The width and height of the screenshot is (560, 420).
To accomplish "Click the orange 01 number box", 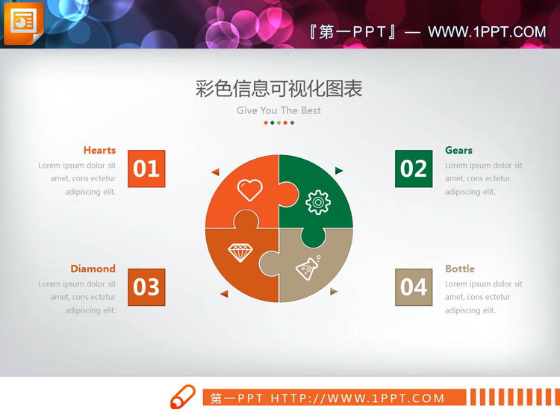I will [x=146, y=169].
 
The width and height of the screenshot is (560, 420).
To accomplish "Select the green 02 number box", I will [x=414, y=169].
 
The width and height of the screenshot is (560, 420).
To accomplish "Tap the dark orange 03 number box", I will [x=146, y=287].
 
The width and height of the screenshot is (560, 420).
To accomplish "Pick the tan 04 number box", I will [x=414, y=287].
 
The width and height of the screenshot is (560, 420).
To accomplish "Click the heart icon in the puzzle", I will [x=250, y=190].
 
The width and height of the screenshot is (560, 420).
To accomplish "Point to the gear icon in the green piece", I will [x=318, y=201].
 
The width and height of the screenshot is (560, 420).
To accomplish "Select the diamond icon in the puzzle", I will [x=240, y=252].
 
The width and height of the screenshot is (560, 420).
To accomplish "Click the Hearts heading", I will [x=99, y=150].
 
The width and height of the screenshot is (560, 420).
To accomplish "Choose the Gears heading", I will [x=458, y=150].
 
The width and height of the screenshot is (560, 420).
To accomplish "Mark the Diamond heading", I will [x=93, y=269].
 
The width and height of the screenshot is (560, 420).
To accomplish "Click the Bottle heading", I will [x=460, y=269].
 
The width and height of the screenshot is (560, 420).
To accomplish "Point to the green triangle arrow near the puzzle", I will [x=339, y=171].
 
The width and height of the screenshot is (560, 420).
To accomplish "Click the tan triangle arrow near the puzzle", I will [x=334, y=292].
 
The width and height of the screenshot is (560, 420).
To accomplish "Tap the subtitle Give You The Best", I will [x=279, y=110].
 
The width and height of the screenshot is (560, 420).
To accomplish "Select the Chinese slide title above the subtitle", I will [x=279, y=89].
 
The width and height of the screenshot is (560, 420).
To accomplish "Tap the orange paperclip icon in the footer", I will [x=183, y=397].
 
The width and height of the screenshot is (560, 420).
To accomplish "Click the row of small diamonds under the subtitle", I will [x=279, y=122].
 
